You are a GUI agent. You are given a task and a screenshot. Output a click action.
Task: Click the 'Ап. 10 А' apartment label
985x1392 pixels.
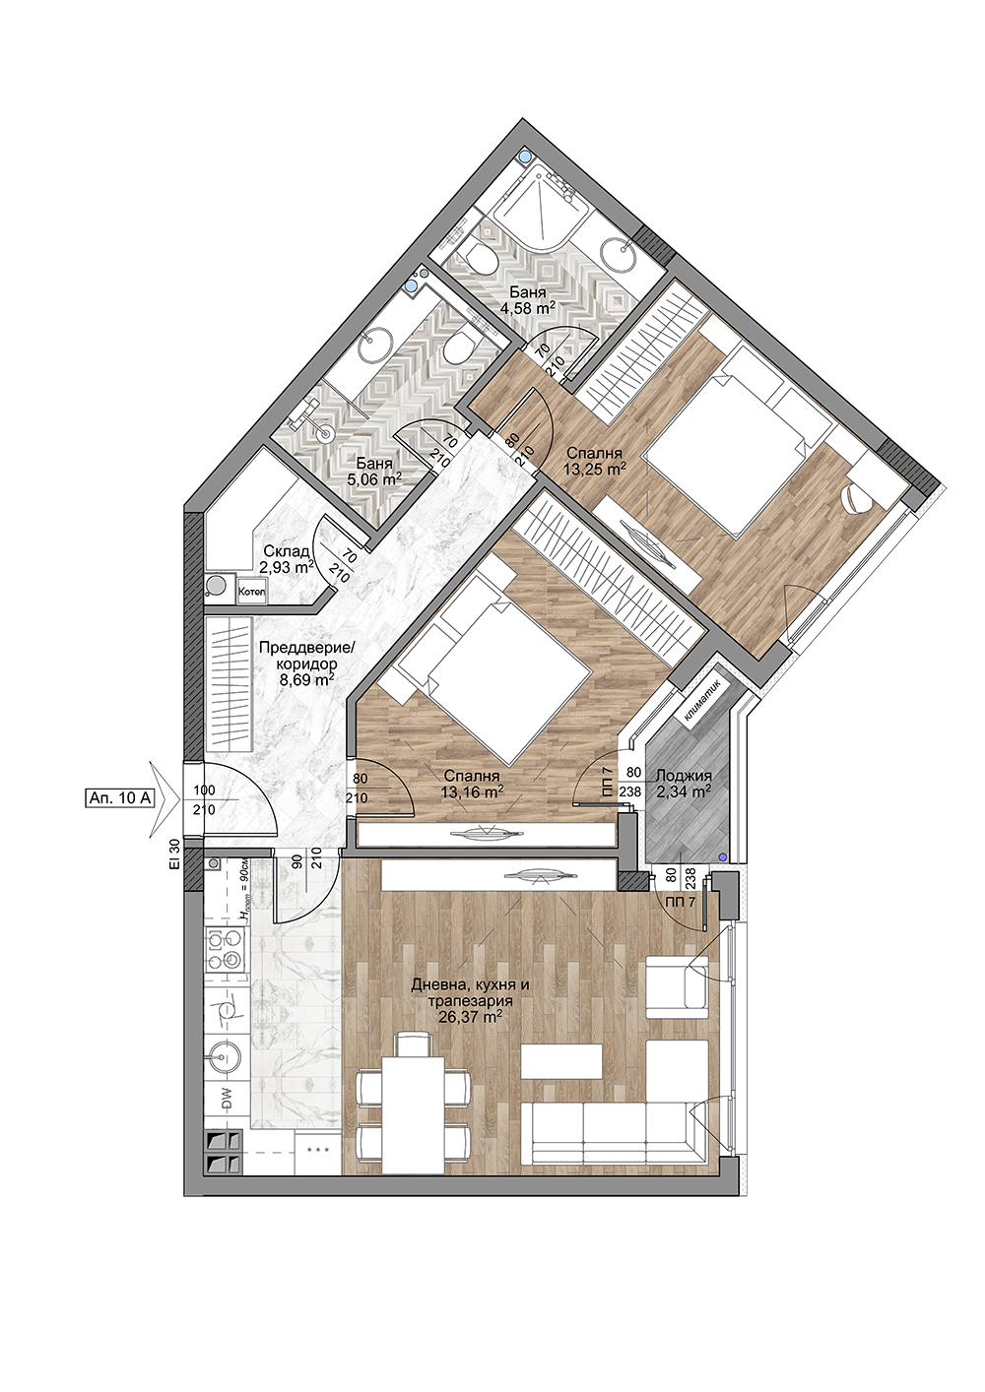click(x=117, y=798)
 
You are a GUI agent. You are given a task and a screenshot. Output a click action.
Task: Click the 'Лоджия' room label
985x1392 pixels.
click(x=684, y=777)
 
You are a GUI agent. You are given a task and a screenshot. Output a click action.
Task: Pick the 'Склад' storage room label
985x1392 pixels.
click(x=286, y=551)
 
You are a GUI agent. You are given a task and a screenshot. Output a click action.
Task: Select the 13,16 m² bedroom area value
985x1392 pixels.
click(x=473, y=791)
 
